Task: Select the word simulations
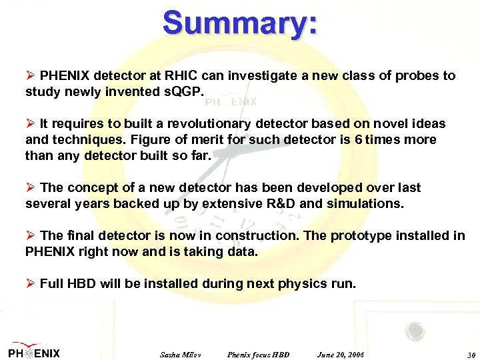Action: pyautogui.click(x=365, y=204)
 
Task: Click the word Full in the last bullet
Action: pyautogui.click(x=53, y=284)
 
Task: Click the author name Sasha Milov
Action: pyautogui.click(x=181, y=354)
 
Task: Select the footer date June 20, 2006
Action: pyautogui.click(x=341, y=354)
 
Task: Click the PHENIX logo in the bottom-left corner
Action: pyautogui.click(x=34, y=352)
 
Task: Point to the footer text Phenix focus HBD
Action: pyautogui.click(x=258, y=354)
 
